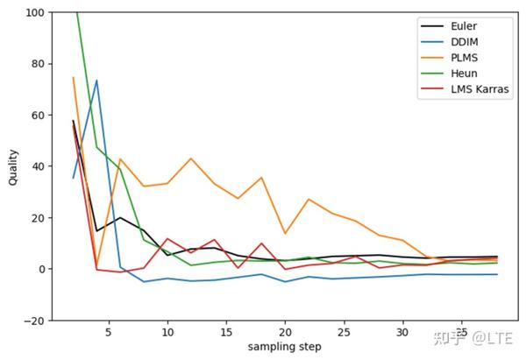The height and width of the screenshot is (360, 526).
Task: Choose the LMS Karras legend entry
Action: point(473,89)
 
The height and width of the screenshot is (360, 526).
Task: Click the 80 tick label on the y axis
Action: point(39,64)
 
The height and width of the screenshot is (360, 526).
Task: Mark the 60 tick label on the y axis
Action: point(39,116)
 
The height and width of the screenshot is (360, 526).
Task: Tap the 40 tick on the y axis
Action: point(39,166)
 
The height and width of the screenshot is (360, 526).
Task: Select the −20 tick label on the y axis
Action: point(35,321)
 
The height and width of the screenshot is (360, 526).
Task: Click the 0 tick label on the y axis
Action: point(42,269)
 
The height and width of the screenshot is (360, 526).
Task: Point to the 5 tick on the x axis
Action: point(108,333)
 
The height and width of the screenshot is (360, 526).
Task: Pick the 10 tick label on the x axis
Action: point(167,333)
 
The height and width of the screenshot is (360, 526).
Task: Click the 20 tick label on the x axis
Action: point(285,333)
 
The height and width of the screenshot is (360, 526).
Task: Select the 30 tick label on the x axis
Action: point(402,333)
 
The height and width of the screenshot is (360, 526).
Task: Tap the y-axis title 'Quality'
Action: point(12,166)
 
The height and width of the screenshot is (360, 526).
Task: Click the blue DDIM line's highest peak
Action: point(96,81)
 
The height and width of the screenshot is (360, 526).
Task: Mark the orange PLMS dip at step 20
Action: point(285,233)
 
